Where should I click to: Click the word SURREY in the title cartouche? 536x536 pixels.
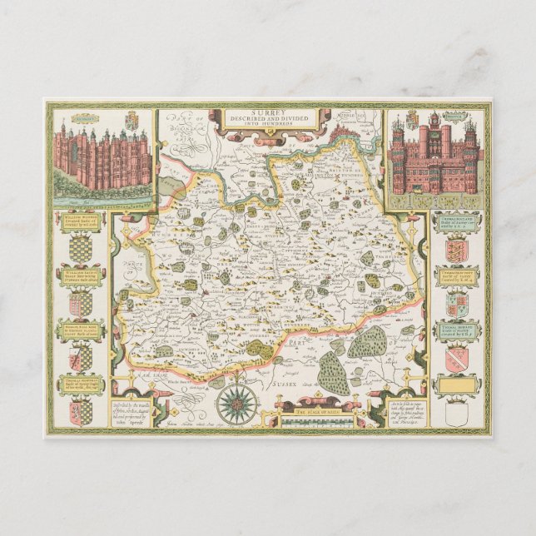pyautogui.click(x=267, y=112)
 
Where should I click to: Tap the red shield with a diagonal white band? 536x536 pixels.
pyautogui.click(x=456, y=357)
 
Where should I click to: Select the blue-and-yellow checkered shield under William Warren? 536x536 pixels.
pyautogui.click(x=81, y=248)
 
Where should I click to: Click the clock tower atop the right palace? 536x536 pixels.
pyautogui.click(x=434, y=133)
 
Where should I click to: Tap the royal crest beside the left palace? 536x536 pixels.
pyautogui.click(x=127, y=122)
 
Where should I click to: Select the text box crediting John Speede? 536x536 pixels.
pyautogui.click(x=141, y=414)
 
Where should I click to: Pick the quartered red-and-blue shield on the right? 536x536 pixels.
pyautogui.click(x=456, y=304)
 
